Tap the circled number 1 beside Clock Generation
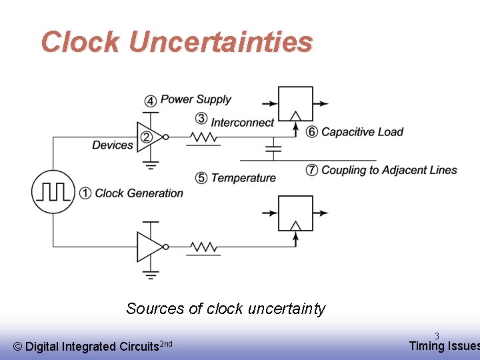[x=85, y=193]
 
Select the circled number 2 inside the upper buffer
[x=147, y=137]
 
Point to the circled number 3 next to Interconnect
[x=201, y=119]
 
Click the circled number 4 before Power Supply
[x=151, y=101]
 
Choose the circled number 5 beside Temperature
[x=201, y=178]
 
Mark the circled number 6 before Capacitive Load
[x=311, y=132]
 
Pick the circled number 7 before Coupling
[x=311, y=170]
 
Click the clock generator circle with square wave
[x=53, y=191]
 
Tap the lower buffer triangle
[x=148, y=247]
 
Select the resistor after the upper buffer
[x=203, y=137]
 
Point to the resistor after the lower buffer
[x=203, y=247]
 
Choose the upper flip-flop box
[x=295, y=103]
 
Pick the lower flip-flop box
[x=295, y=213]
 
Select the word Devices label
[x=113, y=145]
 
